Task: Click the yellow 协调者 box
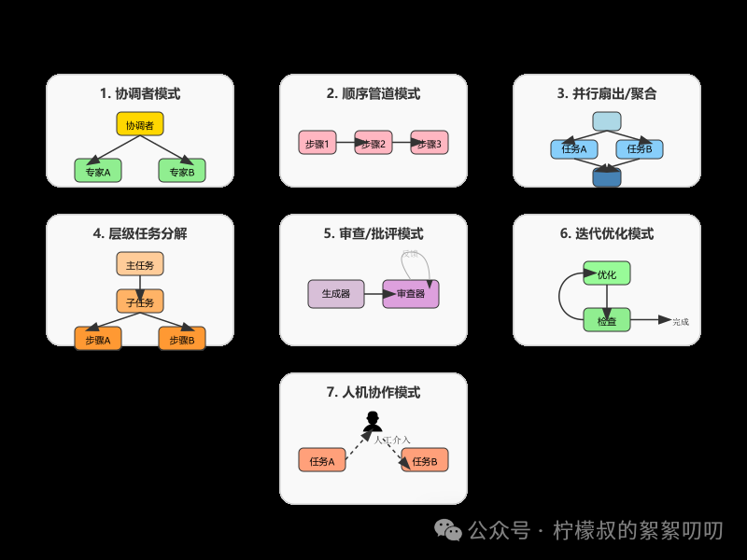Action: coord(140,124)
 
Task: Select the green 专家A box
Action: coord(98,171)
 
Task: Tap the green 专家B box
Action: coord(182,171)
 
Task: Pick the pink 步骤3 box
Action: coord(430,144)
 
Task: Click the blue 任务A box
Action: coord(569,148)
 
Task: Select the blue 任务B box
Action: coord(640,148)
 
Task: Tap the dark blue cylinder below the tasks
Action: coord(607,175)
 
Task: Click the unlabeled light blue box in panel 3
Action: coord(607,121)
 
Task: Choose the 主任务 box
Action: coord(140,264)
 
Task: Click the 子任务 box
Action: coord(140,301)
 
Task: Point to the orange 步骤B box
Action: coord(182,340)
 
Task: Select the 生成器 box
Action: coord(336,294)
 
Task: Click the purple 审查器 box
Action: coord(411,294)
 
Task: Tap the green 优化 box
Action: coord(607,274)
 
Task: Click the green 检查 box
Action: coord(607,321)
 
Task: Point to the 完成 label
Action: coord(681,322)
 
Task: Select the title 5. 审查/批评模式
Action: coord(373,233)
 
